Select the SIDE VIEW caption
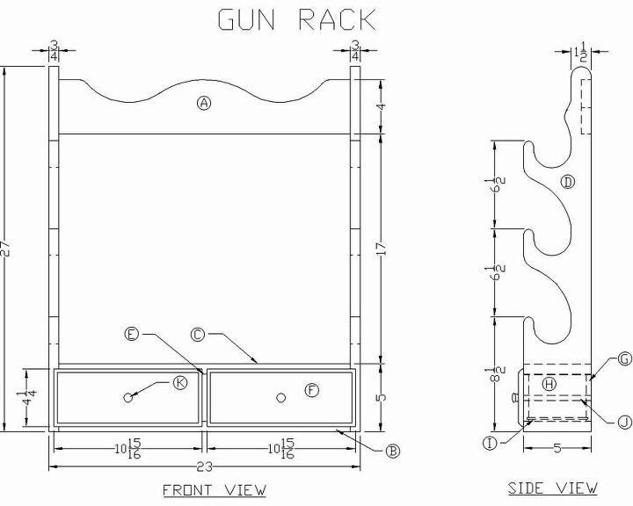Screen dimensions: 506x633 point(553,488)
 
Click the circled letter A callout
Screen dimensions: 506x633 point(204,104)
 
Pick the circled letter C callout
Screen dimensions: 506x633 point(198,334)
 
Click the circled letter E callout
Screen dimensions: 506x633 point(132,334)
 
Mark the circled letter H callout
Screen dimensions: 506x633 point(549,384)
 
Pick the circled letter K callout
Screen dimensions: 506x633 point(180,382)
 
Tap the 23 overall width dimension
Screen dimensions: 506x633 point(204,459)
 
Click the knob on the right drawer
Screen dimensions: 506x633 point(281,398)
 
